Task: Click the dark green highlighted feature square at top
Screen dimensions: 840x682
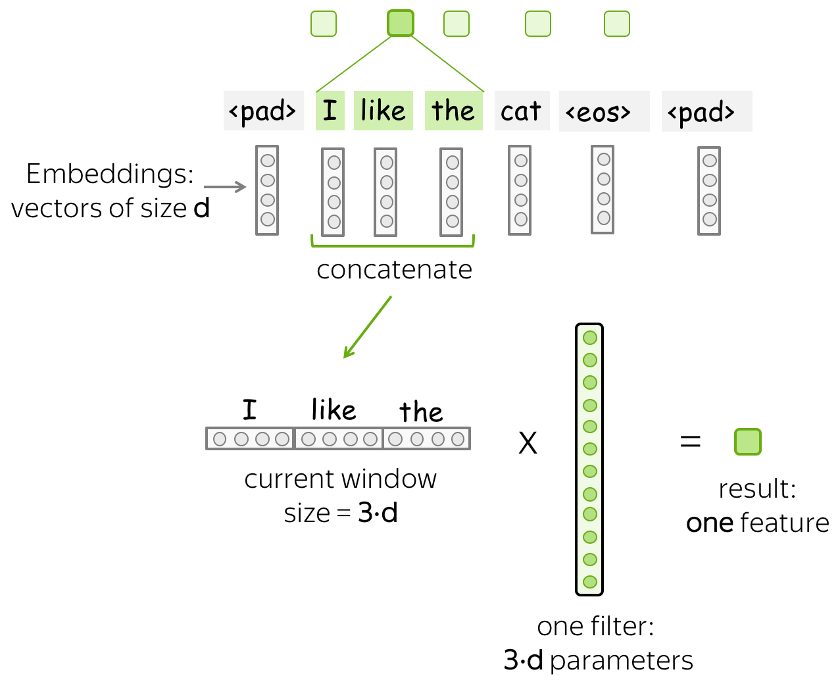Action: tap(401, 23)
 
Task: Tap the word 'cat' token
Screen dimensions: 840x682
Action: tap(522, 111)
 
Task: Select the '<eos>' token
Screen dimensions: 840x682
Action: tap(604, 111)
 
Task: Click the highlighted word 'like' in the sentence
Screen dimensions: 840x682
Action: tap(383, 111)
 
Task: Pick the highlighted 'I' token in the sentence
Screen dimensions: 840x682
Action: tap(330, 111)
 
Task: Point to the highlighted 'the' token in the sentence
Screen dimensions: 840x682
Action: tap(453, 111)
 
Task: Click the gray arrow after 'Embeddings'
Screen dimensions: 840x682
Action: tap(225, 187)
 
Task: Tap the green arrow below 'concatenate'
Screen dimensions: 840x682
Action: tap(368, 327)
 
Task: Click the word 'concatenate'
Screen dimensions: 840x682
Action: tap(395, 270)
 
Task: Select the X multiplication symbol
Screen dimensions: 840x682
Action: tap(528, 443)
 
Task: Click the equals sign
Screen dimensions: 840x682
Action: tap(691, 441)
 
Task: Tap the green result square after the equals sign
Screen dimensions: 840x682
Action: tap(748, 442)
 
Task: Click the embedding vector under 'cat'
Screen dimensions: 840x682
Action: tap(520, 190)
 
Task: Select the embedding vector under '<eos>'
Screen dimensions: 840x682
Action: tap(603, 190)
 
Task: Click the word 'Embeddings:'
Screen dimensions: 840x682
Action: tap(110, 174)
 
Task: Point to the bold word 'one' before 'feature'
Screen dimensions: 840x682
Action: tap(710, 523)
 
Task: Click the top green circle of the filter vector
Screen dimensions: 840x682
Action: tap(590, 338)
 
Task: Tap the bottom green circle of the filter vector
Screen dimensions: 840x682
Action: tap(590, 582)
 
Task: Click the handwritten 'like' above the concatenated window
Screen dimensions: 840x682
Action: tap(334, 409)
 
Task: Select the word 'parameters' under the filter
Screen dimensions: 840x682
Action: tap(622, 661)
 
